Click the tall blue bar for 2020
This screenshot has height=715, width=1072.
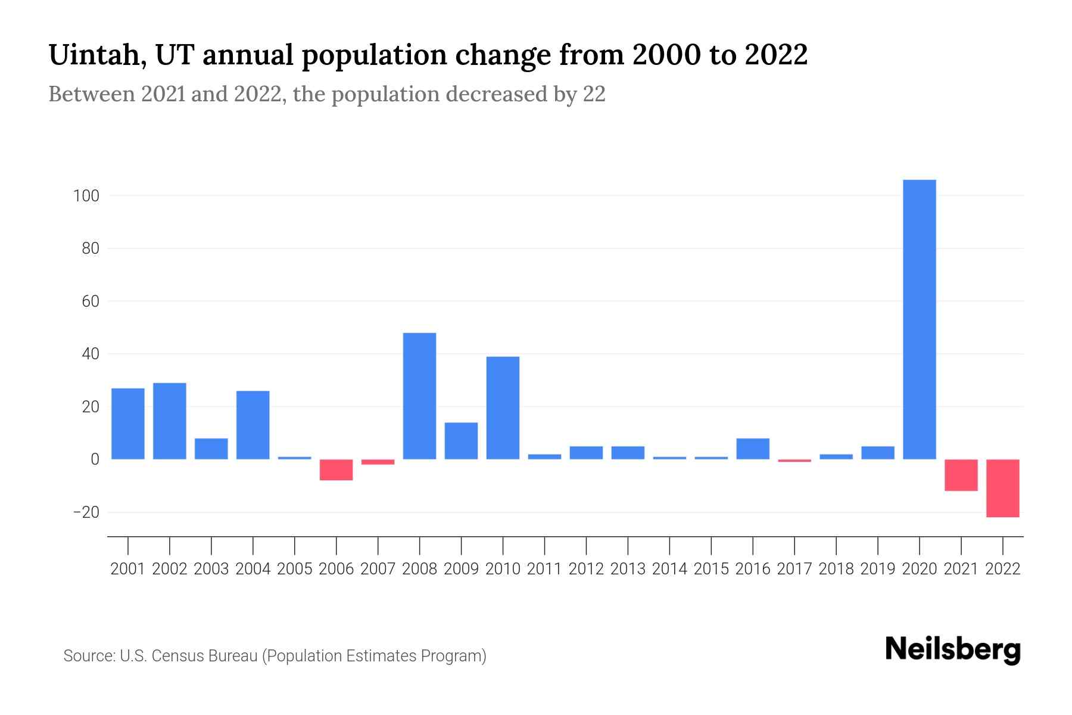(919, 319)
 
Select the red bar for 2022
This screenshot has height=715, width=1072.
(1002, 488)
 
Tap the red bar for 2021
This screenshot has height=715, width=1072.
(961, 475)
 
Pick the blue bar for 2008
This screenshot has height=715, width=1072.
(419, 396)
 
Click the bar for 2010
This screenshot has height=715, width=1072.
(503, 408)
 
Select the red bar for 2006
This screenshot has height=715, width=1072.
(336, 470)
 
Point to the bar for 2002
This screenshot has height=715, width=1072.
(170, 421)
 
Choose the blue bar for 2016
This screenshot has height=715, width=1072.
(753, 449)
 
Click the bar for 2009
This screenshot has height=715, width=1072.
(461, 441)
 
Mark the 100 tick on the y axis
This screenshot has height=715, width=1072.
(86, 195)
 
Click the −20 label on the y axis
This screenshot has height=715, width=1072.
(86, 512)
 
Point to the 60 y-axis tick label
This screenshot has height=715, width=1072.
(90, 301)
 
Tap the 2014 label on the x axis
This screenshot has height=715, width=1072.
(669, 569)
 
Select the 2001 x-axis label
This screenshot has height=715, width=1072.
(128, 569)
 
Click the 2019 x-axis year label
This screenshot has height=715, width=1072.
(877, 569)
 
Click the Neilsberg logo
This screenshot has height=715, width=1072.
(952, 650)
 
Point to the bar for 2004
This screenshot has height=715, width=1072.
(253, 425)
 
